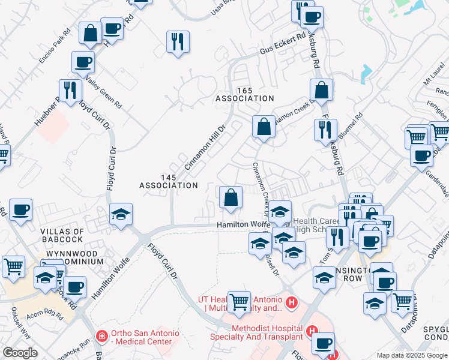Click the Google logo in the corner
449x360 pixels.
click(20, 353)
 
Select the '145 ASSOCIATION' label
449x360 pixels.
click(169, 181)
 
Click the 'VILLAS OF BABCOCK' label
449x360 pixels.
click(62, 236)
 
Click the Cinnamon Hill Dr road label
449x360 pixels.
click(204, 147)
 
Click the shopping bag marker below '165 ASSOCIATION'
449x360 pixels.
click(264, 127)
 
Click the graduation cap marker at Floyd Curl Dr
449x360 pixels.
click(121, 214)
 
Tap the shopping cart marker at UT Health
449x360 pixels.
click(239, 301)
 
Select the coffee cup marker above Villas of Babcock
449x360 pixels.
click(21, 210)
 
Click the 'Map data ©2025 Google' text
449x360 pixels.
click(411, 355)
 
